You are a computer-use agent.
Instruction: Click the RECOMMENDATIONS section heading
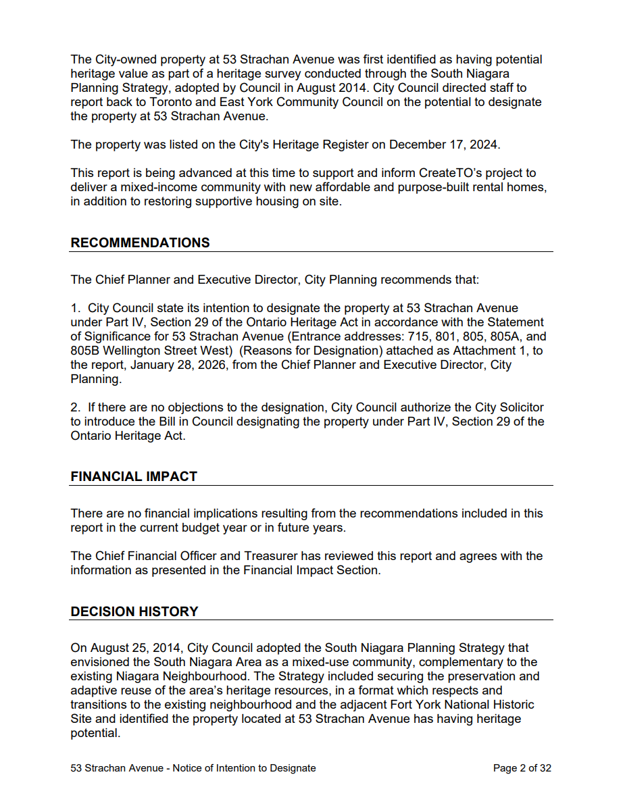pos(140,243)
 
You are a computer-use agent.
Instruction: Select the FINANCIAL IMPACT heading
pos(134,476)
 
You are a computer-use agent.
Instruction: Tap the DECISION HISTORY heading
pos(134,611)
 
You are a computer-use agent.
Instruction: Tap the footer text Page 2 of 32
pos(522,768)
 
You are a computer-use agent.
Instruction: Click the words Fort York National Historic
pos(454,705)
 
